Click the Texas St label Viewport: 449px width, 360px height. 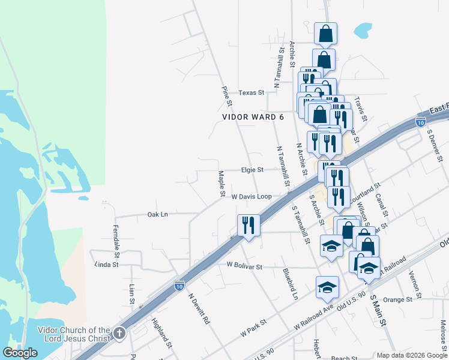251,93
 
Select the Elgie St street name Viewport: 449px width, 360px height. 252,170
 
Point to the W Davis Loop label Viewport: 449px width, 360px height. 252,197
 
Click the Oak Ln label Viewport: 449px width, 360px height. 157,214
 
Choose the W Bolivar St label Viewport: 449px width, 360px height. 244,265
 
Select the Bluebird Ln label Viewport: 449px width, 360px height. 290,284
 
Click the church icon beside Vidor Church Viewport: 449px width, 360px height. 119,333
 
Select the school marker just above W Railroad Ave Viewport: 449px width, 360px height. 327,287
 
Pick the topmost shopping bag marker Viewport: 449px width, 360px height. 325,33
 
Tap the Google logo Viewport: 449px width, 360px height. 20,353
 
